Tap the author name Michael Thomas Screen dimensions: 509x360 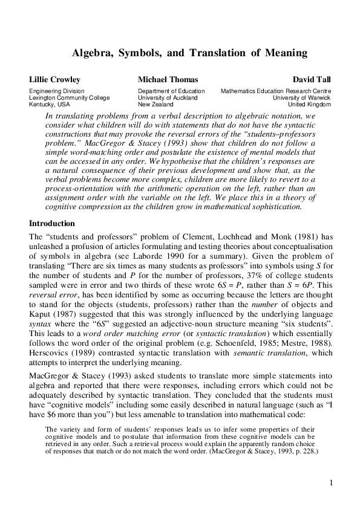[168, 79]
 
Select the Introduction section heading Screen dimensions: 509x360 [52, 223]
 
